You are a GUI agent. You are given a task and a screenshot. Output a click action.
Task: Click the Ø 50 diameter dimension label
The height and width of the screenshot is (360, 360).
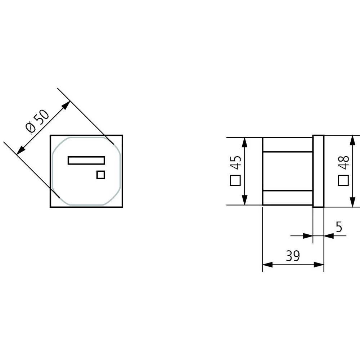point(37,121)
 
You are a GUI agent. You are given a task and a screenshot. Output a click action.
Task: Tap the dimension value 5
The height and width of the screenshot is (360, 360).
point(338,227)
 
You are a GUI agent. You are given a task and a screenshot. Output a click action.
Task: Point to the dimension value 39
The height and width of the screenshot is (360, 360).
point(293,256)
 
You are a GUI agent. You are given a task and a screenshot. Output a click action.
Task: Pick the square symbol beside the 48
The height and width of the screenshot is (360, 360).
point(343,180)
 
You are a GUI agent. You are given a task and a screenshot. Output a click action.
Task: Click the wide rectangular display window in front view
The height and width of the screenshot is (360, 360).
point(86,160)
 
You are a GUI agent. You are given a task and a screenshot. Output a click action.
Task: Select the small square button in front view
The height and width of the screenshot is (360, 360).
point(100,175)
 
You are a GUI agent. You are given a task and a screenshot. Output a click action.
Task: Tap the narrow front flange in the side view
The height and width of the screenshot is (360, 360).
point(318,171)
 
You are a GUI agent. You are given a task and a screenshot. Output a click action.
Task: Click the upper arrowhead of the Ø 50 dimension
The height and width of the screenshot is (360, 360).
point(66,105)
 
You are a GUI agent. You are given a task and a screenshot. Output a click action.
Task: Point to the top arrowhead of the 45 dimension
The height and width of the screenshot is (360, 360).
point(245,142)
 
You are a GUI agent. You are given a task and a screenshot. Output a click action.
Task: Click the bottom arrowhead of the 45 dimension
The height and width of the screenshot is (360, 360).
point(245,201)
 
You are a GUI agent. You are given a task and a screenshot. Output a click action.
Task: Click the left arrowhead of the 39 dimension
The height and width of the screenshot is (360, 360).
point(267,265)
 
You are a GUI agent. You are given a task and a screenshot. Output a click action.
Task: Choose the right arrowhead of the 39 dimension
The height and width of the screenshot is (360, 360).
point(320,265)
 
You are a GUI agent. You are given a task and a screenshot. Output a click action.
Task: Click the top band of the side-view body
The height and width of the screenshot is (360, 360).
point(287,144)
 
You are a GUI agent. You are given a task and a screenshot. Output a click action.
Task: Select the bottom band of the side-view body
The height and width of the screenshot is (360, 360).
point(287,198)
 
